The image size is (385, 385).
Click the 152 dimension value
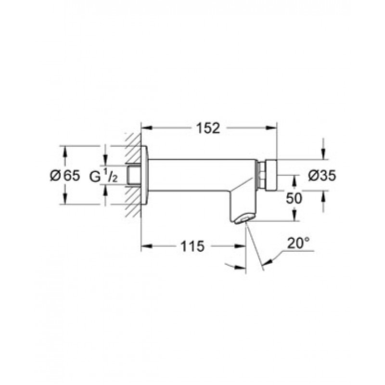pyautogui.click(x=208, y=128)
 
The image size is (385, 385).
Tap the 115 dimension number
pyautogui.click(x=192, y=246)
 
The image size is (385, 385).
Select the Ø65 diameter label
pyautogui.click(x=65, y=176)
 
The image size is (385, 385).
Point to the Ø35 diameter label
pyautogui.click(x=322, y=176)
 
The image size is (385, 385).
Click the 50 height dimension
pyautogui.click(x=294, y=198)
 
